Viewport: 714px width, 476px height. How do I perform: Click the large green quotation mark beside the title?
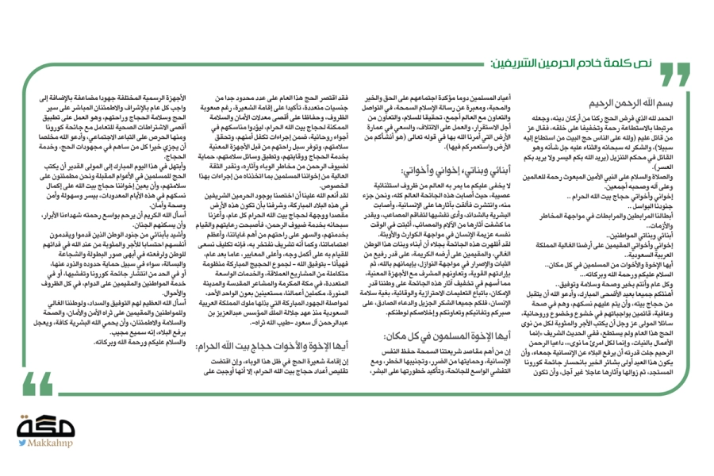click(x=675, y=71)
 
